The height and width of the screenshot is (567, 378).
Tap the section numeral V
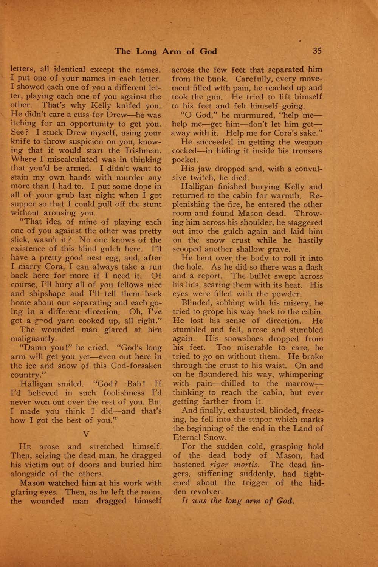coord(86,434)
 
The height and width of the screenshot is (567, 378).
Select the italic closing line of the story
coord(237,501)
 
